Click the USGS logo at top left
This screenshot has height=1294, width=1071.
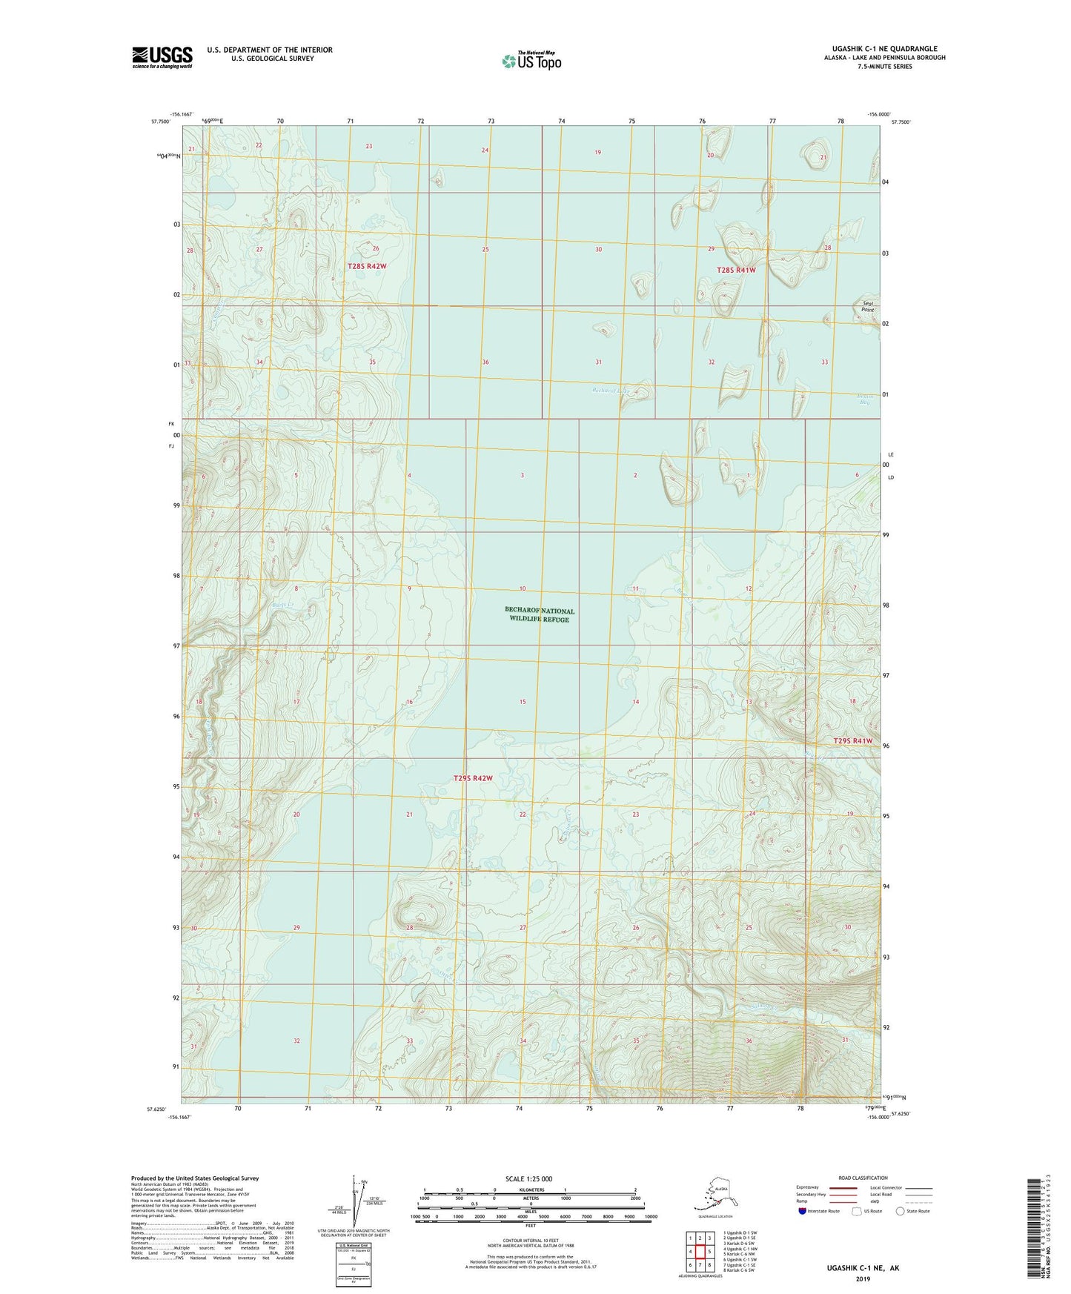pos(162,57)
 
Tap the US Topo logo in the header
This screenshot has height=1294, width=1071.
pos(531,60)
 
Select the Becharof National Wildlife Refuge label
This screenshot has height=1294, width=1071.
pos(539,614)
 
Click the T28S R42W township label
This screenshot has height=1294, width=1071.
pos(367,266)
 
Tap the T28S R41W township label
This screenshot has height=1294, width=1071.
pos(736,271)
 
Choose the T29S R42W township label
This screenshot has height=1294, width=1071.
pos(473,778)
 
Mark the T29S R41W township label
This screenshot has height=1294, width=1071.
pos(852,741)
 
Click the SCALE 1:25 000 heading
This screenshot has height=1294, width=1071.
pos(529,1178)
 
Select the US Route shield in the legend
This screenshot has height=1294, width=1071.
pos(858,1211)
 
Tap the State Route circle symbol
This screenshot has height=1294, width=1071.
pos(900,1211)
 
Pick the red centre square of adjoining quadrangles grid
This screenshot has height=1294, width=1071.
pos(700,1252)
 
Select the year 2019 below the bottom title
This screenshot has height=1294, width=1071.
pos(863,1278)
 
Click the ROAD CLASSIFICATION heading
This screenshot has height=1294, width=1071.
pos(863,1178)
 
